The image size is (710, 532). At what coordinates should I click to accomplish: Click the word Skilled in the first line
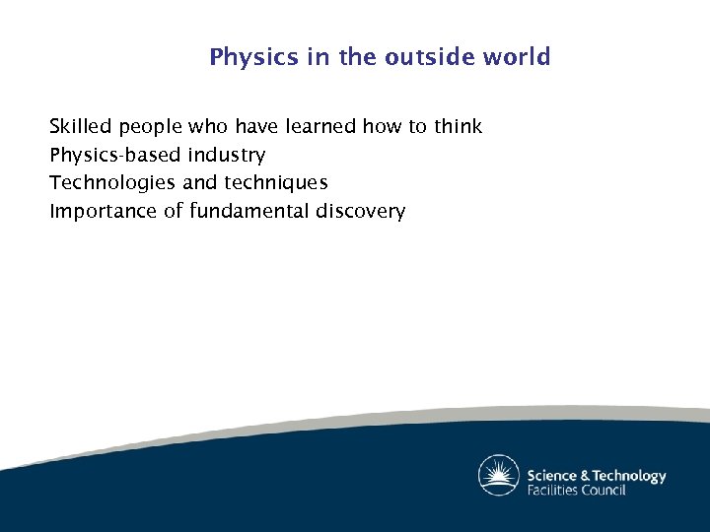81,126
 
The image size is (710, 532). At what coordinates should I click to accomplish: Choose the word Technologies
113,183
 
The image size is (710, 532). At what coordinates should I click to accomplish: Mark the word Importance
103,211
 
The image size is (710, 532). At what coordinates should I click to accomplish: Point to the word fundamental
249,211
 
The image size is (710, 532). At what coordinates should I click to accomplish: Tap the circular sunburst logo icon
499,476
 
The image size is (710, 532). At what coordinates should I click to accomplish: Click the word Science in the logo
551,476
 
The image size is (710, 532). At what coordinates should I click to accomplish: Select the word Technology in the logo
630,476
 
